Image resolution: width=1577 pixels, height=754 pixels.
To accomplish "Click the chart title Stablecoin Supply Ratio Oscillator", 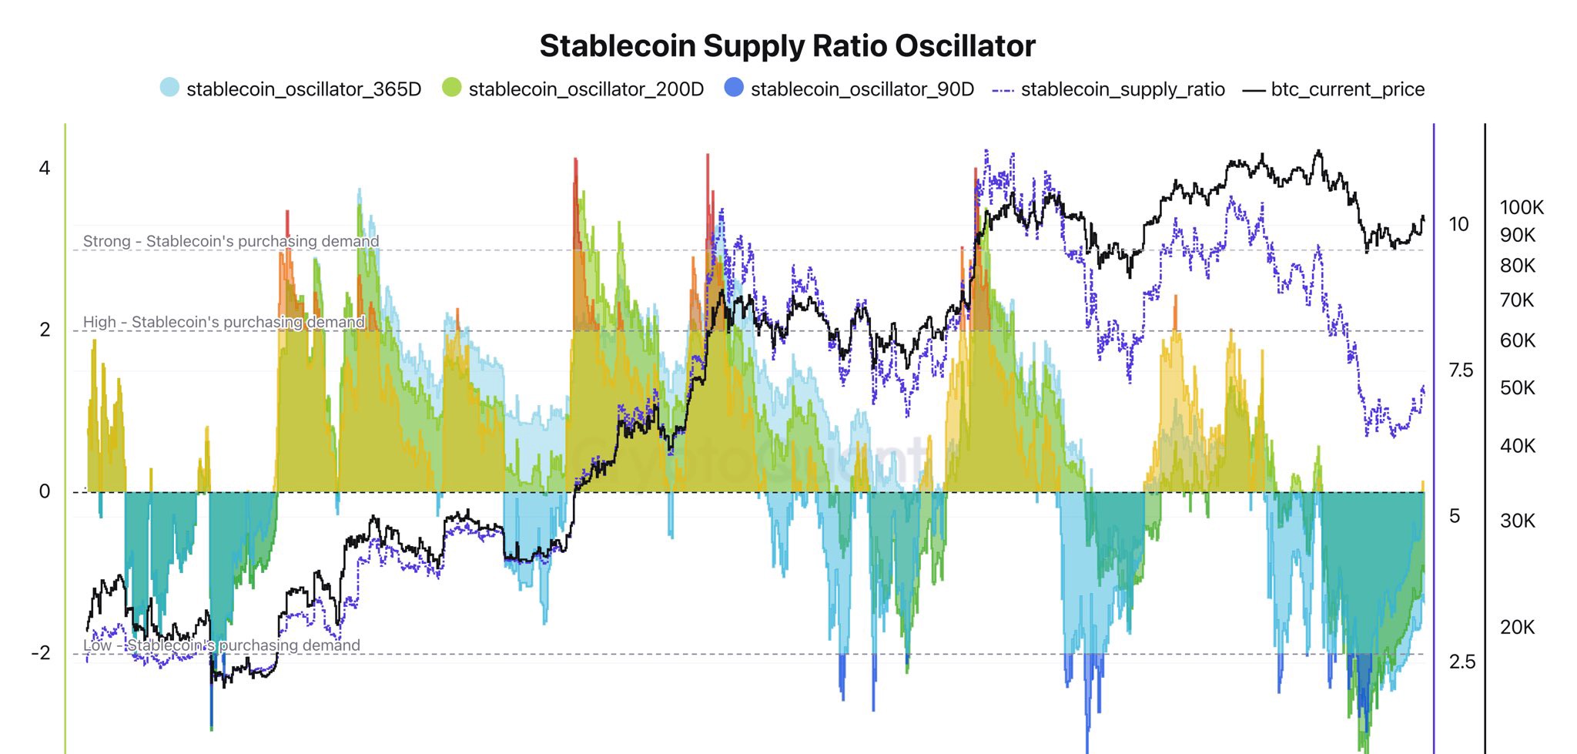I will pos(787,46).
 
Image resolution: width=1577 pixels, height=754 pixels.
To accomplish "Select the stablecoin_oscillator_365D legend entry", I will pos(303,89).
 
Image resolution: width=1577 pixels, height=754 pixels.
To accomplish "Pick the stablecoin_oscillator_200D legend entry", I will pos(585,89).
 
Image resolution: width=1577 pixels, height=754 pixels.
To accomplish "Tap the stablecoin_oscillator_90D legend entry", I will pos(862,89).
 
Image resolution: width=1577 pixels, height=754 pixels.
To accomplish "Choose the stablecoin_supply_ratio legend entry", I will pos(1122,89).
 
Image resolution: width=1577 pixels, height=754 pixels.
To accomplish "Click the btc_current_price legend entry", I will pos(1347,89).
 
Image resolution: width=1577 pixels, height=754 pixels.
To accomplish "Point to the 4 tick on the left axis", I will pos(45,168).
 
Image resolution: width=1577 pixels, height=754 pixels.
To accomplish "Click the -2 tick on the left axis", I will pos(41,653).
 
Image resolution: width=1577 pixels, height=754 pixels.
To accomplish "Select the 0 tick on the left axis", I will pos(45,491).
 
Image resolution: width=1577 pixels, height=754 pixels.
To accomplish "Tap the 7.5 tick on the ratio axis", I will pos(1461,370).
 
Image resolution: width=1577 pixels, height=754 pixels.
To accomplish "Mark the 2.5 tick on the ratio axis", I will pos(1461,662).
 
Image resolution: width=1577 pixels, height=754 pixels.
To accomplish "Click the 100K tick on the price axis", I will pos(1522,207).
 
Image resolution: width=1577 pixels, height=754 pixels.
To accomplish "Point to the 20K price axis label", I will pos(1517,628).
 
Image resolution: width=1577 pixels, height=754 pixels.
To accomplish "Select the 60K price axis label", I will pos(1517,340).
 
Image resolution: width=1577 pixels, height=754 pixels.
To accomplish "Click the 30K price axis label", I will pos(1517,521).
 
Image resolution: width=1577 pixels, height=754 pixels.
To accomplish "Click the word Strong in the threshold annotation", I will pos(106,241).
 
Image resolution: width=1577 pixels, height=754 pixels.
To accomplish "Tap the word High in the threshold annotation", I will pos(99,322).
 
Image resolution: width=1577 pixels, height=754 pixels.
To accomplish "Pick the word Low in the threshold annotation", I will pos(97,645).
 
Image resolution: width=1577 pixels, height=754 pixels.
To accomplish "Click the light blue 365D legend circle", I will pos(169,88).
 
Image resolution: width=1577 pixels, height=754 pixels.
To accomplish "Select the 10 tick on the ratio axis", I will pos(1458,224).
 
